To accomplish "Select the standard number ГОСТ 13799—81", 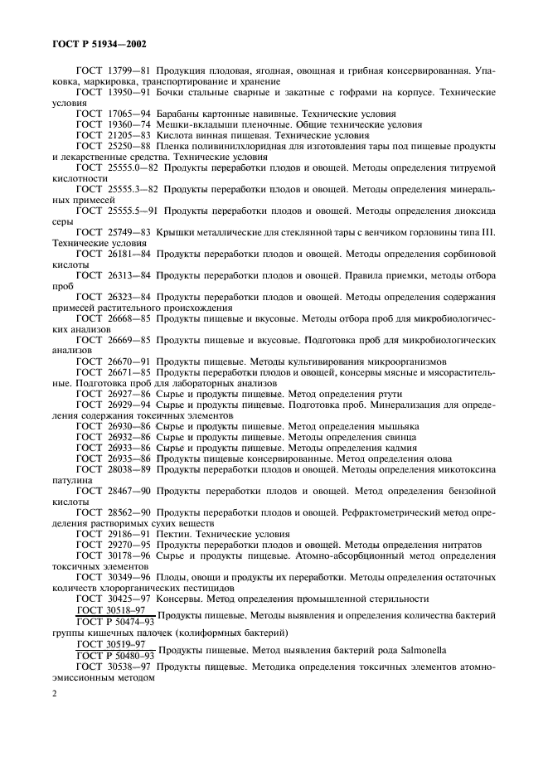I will point(112,72).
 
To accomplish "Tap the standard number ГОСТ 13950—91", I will point(112,95).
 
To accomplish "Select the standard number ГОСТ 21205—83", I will point(112,136).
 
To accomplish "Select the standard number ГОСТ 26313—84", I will point(112,275).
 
